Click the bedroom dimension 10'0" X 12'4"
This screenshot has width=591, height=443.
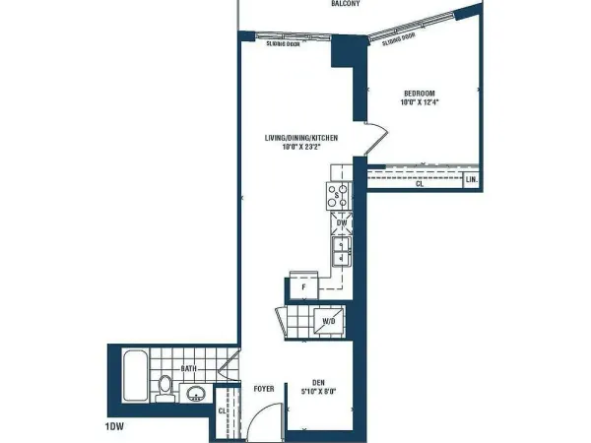(420, 102)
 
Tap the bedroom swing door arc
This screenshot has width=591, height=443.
(370, 138)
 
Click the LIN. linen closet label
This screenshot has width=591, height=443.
(472, 181)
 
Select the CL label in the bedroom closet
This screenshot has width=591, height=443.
(420, 184)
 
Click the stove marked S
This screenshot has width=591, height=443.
(339, 196)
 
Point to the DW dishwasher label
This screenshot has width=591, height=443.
(341, 224)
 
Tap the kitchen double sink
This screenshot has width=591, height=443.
(340, 252)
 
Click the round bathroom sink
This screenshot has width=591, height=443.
(195, 396)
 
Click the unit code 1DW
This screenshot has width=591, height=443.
(114, 428)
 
